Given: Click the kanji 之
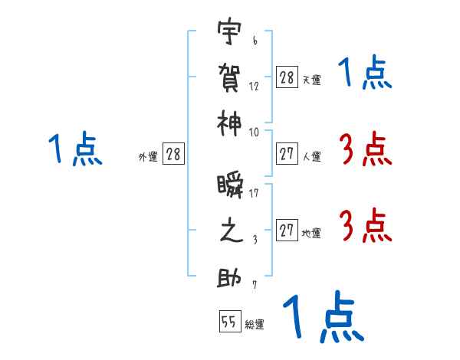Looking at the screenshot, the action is (x=228, y=231).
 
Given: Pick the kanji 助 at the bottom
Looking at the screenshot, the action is (x=228, y=275).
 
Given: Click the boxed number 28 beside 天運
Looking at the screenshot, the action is (x=287, y=77).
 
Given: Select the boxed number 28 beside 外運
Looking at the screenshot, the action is (x=173, y=155).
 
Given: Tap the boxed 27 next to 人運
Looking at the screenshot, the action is (x=287, y=155).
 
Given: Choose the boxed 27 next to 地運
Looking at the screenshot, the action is (x=287, y=231).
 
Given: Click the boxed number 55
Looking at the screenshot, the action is (x=229, y=322).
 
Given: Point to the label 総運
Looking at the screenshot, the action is (x=255, y=325).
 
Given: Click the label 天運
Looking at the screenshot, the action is (x=311, y=80).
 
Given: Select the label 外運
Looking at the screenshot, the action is (x=148, y=157).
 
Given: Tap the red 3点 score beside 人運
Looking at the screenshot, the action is (x=364, y=149).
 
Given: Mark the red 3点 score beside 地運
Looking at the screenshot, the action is (x=364, y=226).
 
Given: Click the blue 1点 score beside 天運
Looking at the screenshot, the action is (x=364, y=74).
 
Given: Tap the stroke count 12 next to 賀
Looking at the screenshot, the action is (x=254, y=86).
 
